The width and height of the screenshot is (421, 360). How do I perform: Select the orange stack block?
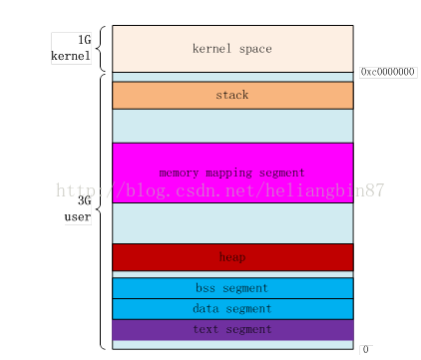tap(232, 95)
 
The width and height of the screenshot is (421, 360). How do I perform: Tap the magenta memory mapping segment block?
tap(232, 173)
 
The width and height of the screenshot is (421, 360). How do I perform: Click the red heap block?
tap(232, 257)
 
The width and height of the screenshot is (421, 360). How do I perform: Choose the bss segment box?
tap(232, 288)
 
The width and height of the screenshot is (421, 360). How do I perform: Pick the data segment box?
tap(232, 309)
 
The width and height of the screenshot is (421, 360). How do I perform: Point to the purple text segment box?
tap(232, 329)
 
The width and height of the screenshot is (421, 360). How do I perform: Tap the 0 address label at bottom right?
tap(366, 350)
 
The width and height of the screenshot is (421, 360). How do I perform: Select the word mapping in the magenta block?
tap(232, 173)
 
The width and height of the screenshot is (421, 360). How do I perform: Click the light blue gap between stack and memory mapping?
tap(232, 125)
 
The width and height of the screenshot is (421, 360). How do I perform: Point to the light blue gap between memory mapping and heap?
tap(232, 223)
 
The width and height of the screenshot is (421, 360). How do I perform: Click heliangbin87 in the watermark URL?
tap(329, 188)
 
